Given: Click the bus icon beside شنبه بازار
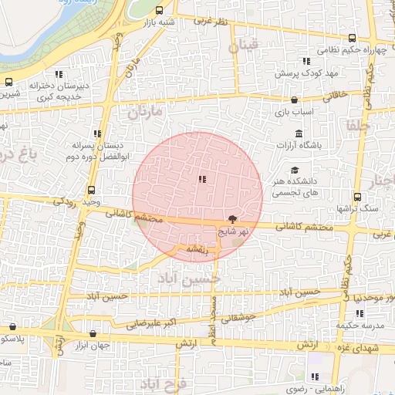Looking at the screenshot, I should coord(159,11).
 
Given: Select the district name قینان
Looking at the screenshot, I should coord(245,46).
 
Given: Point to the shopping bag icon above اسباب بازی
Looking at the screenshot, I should coord(294,100).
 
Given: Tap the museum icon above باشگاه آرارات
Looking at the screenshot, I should coord(299,133).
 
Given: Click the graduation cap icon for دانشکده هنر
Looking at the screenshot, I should coord(294,170).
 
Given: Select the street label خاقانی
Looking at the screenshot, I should coord(339,96).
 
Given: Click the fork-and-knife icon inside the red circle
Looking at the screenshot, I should coord(202,180).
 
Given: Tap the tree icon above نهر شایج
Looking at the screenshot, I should coord(233,219).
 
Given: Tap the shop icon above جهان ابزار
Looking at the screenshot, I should coord(93,334).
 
